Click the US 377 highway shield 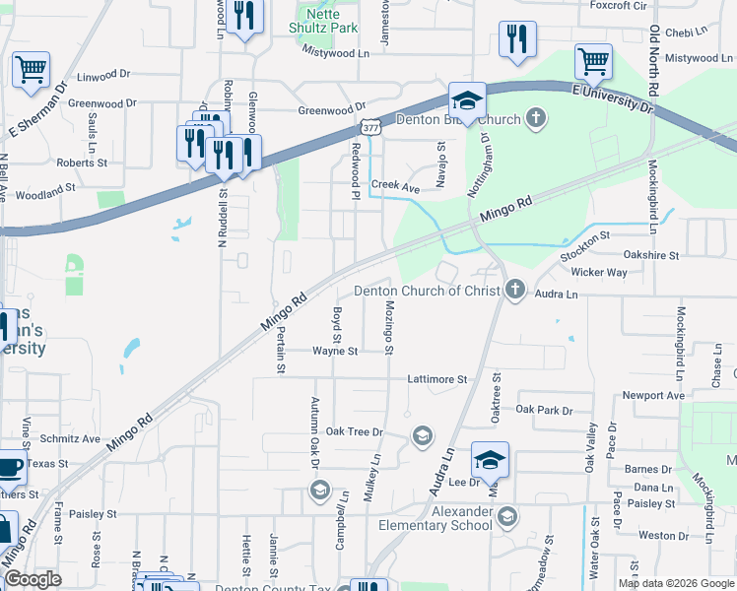tap(369, 128)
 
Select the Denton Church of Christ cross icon tap(514, 290)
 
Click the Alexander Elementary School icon tap(506, 516)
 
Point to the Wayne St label tap(334, 350)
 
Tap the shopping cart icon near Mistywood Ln tap(593, 61)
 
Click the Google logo tap(33, 579)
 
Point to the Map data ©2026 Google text tap(676, 583)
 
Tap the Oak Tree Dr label tap(354, 431)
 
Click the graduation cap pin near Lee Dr tap(490, 459)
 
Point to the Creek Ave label tap(395, 185)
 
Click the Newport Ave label tap(652, 396)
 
